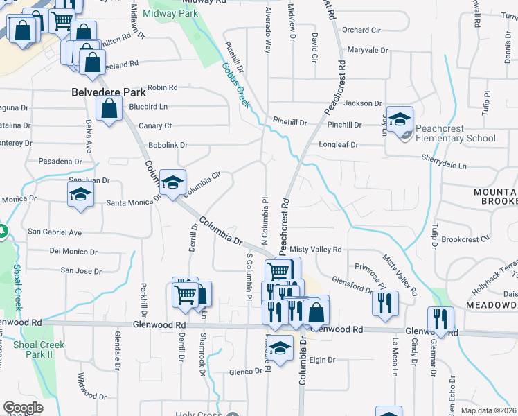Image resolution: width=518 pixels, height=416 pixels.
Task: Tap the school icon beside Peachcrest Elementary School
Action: (x=399, y=120)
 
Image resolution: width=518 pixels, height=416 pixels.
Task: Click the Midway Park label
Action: (x=170, y=13)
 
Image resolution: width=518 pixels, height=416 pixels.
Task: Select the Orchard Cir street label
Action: (x=361, y=30)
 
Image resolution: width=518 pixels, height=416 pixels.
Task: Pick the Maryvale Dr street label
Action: (x=368, y=50)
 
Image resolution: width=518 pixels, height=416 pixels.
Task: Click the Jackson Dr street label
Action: (x=363, y=103)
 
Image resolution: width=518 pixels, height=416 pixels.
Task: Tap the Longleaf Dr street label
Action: (x=339, y=145)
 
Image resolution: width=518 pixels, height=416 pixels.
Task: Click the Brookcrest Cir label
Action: (x=465, y=239)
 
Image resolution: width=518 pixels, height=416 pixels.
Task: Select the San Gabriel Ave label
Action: (x=54, y=232)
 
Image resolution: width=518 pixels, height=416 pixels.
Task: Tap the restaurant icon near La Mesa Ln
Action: (x=385, y=303)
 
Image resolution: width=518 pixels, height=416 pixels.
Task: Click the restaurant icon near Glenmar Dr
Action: (x=440, y=319)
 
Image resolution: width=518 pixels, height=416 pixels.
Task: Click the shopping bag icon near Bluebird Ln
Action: (x=109, y=108)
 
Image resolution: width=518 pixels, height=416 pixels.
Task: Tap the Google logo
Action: (x=23, y=408)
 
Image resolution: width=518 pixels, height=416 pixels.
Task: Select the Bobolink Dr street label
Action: (x=169, y=145)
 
